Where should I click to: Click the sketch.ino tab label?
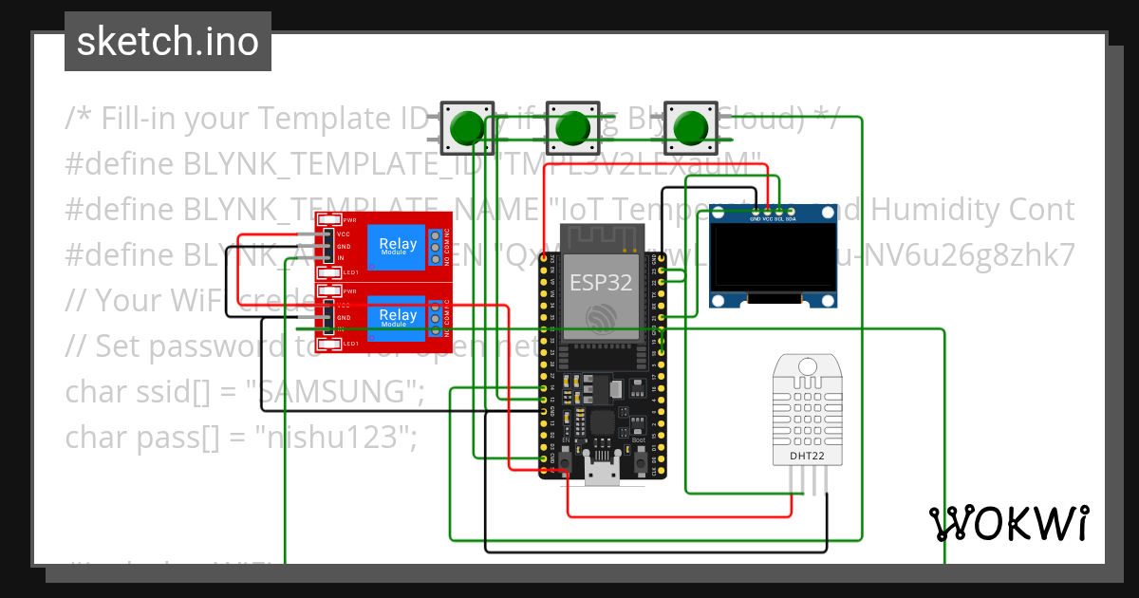pos(167,42)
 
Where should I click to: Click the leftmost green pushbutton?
pos(466,128)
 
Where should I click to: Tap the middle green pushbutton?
pos(573,128)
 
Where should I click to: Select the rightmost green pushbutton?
pos(690,128)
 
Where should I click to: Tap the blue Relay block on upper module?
pos(398,245)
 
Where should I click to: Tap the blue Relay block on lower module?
pos(398,316)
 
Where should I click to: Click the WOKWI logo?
pos(1008,523)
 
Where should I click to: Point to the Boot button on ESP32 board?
pos(640,461)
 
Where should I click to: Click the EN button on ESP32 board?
pos(565,461)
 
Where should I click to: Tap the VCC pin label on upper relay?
pos(342,234)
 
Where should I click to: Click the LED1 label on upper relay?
pos(349,272)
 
